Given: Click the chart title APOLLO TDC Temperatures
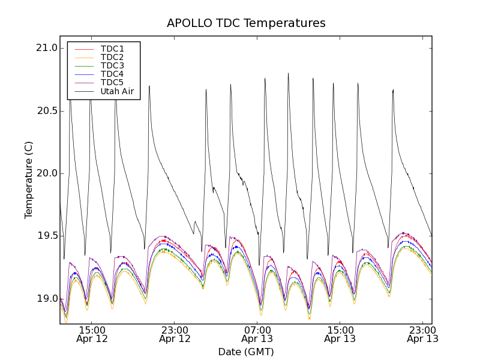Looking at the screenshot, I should click(246, 23).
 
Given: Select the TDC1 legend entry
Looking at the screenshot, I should click(112, 49).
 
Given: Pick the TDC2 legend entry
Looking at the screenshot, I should click(112, 57).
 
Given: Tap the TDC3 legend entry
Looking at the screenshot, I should click(112, 65).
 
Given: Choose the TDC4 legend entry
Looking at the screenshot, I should click(112, 74).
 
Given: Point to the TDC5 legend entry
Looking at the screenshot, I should click(112, 82).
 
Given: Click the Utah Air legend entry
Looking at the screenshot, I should click(117, 91).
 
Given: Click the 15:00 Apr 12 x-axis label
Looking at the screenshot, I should click(92, 334).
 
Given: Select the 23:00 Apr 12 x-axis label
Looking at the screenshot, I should click(175, 334).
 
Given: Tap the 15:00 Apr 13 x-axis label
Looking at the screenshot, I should click(340, 334).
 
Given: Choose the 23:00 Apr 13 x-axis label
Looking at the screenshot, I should click(422, 334).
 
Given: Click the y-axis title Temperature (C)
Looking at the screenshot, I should click(29, 180).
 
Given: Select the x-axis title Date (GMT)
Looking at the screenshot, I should click(246, 352).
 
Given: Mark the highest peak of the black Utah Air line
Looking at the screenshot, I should click(288, 74).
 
